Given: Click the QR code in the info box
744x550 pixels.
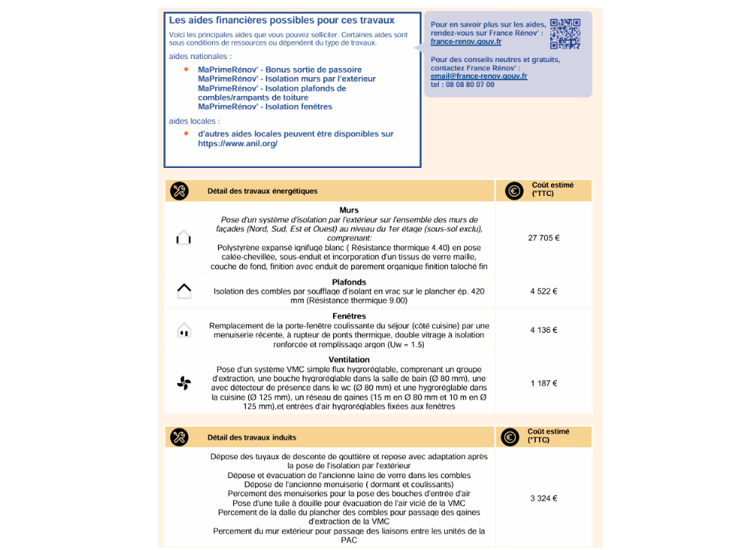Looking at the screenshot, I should [x=565, y=33].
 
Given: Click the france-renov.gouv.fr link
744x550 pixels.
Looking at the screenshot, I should [x=465, y=42].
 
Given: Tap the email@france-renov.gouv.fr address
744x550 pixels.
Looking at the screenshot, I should [x=478, y=76].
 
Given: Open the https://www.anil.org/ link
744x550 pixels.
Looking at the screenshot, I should [x=238, y=144].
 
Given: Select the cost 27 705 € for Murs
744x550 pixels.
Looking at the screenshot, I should [x=543, y=238].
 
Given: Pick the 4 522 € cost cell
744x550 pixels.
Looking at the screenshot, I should [x=543, y=291].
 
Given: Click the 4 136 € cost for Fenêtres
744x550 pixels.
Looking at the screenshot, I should [x=543, y=330].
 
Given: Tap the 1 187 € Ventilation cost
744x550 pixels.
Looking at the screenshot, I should [x=543, y=384].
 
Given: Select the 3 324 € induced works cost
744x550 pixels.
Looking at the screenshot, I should [x=543, y=499].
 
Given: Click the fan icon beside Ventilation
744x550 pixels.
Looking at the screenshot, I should [x=184, y=384].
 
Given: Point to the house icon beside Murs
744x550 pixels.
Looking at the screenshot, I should [x=183, y=238].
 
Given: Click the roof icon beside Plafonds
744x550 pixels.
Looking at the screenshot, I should [x=183, y=291].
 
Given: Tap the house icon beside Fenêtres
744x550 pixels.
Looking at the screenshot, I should [x=183, y=331].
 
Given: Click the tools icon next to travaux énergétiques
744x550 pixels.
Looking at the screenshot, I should [x=179, y=191].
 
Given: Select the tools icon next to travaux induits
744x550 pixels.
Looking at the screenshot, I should [x=179, y=437].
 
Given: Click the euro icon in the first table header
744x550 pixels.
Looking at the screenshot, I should [x=514, y=191].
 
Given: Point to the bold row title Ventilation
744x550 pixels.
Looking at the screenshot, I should [x=349, y=360].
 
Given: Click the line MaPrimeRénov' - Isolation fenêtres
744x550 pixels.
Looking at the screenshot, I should [x=265, y=107].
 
